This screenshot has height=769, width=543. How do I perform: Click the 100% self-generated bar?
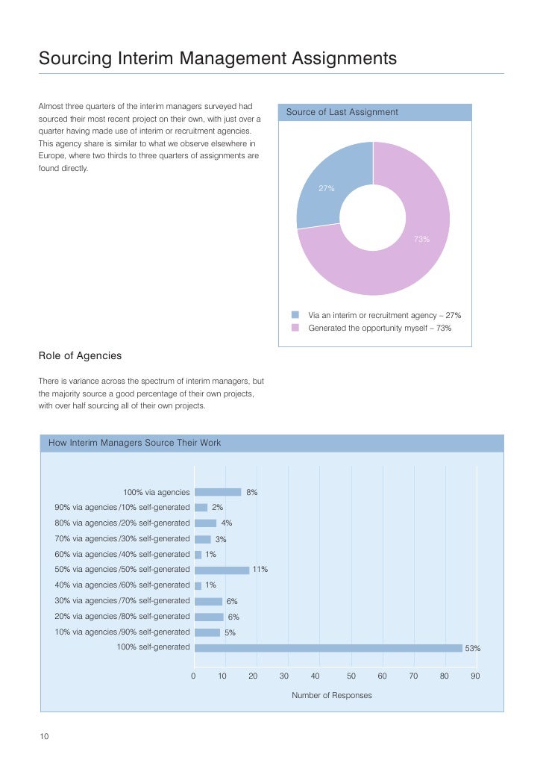[328, 648]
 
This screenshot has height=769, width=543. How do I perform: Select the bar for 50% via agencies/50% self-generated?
[222, 570]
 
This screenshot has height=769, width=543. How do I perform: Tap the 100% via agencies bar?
[218, 492]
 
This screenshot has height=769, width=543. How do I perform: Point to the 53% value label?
[473, 649]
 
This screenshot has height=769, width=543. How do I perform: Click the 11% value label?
[260, 570]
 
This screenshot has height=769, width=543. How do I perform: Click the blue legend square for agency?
[295, 315]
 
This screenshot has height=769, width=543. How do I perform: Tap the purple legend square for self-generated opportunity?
[295, 328]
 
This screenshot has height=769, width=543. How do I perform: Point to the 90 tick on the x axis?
[475, 676]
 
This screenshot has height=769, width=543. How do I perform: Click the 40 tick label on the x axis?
[315, 676]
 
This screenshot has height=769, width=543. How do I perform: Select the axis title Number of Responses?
[331, 695]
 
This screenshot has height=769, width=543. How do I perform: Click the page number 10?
[44, 737]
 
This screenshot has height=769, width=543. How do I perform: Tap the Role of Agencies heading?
[80, 355]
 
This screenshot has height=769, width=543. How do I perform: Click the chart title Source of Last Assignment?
[342, 113]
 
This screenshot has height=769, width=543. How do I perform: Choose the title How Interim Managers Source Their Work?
[134, 443]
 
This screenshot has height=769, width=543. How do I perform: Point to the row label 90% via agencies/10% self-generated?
[122, 508]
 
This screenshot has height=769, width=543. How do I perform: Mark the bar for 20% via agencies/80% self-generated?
[209, 617]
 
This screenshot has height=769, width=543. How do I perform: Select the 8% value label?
[252, 493]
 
